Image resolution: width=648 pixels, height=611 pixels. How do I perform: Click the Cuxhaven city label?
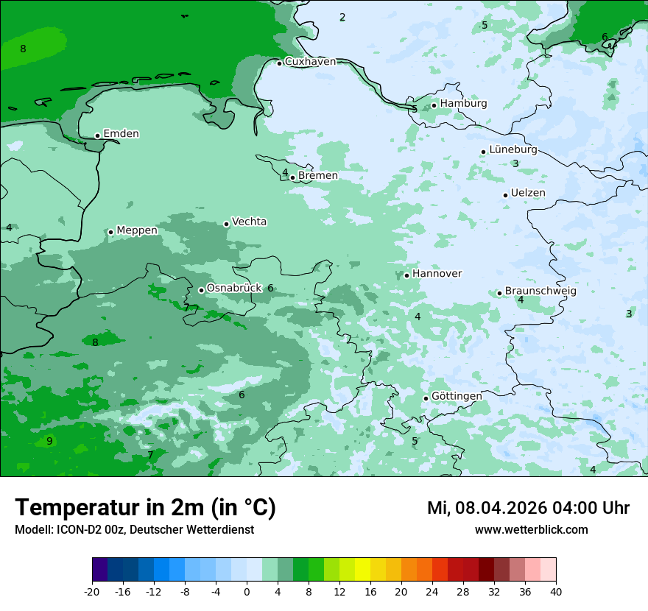tap(310, 62)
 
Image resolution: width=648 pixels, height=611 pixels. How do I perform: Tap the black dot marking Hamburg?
tap(434, 105)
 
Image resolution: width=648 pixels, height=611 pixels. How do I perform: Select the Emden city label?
tap(121, 134)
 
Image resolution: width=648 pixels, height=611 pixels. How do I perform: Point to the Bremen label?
tap(318, 176)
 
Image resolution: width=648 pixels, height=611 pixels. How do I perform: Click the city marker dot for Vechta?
tap(226, 224)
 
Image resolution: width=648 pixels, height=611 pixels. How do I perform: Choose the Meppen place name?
tap(137, 230)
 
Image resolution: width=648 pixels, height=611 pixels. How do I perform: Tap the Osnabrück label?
tap(234, 289)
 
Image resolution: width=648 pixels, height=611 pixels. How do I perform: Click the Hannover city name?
tap(437, 274)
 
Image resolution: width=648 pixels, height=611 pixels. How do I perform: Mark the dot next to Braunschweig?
tap(499, 293)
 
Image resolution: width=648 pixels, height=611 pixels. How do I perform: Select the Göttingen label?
tap(457, 396)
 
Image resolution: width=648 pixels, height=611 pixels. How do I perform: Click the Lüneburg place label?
tap(513, 150)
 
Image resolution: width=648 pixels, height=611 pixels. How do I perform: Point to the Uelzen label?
tap(528, 194)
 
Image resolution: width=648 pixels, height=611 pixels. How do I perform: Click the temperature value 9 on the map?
tap(49, 441)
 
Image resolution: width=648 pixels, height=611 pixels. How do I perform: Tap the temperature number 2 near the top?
tap(342, 17)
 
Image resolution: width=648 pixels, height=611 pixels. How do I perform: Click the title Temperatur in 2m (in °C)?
tap(145, 508)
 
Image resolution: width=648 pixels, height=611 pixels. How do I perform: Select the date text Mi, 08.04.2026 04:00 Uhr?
tap(528, 508)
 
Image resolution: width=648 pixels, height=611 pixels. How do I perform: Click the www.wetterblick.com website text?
tap(531, 530)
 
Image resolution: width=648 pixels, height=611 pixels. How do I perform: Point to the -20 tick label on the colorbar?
tap(92, 591)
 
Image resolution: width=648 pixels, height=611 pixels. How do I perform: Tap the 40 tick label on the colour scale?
tap(556, 591)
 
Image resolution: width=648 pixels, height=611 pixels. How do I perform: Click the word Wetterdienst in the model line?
tap(222, 530)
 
